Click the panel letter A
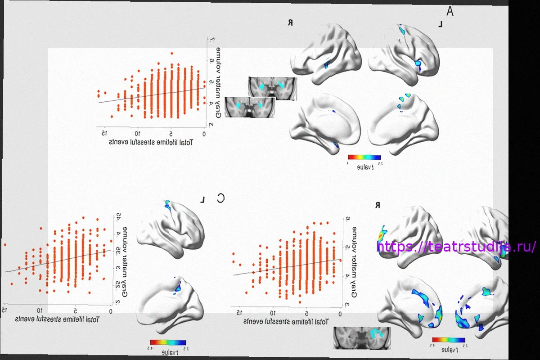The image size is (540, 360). pyautogui.click(x=450, y=11)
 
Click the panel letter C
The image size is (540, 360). pyautogui.click(x=220, y=198)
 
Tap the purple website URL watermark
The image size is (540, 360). pyautogui.click(x=456, y=247)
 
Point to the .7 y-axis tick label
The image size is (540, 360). pyautogui.click(x=209, y=40)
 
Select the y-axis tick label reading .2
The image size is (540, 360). pyautogui.click(x=118, y=302)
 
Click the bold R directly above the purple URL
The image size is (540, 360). pyautogui.click(x=378, y=205)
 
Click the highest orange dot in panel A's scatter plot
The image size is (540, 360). pyautogui.click(x=172, y=53)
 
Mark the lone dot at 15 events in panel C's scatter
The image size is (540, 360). pyautogui.click(x=5, y=245)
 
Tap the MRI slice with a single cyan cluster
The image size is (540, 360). pyautogui.click(x=362, y=338)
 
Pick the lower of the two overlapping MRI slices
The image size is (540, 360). pyautogui.click(x=249, y=108)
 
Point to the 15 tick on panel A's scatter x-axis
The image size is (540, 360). pyautogui.click(x=104, y=133)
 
